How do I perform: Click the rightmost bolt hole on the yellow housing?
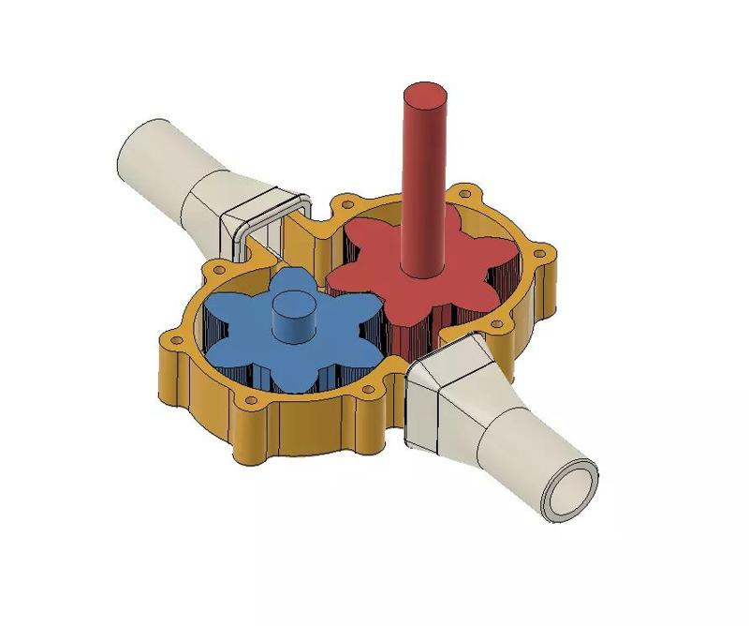click(x=540, y=251)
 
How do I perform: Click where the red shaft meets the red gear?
click(x=422, y=272)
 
